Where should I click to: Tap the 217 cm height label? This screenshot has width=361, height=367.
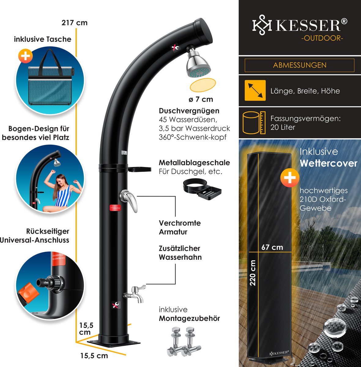pos(74,23)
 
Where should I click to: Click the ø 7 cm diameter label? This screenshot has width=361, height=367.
pos(201,99)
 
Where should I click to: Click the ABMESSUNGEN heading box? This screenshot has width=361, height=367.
pos(300,65)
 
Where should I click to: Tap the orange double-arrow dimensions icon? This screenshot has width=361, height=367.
pos(255,91)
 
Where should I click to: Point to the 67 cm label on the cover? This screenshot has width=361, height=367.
pos(272,247)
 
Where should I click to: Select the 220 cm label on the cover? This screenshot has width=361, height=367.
pos(253,272)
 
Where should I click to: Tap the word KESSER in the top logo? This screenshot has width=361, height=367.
pos(308,25)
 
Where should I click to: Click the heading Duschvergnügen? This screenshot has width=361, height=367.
pos(189,111)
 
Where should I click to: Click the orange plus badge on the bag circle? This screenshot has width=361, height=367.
pos(26,56)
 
